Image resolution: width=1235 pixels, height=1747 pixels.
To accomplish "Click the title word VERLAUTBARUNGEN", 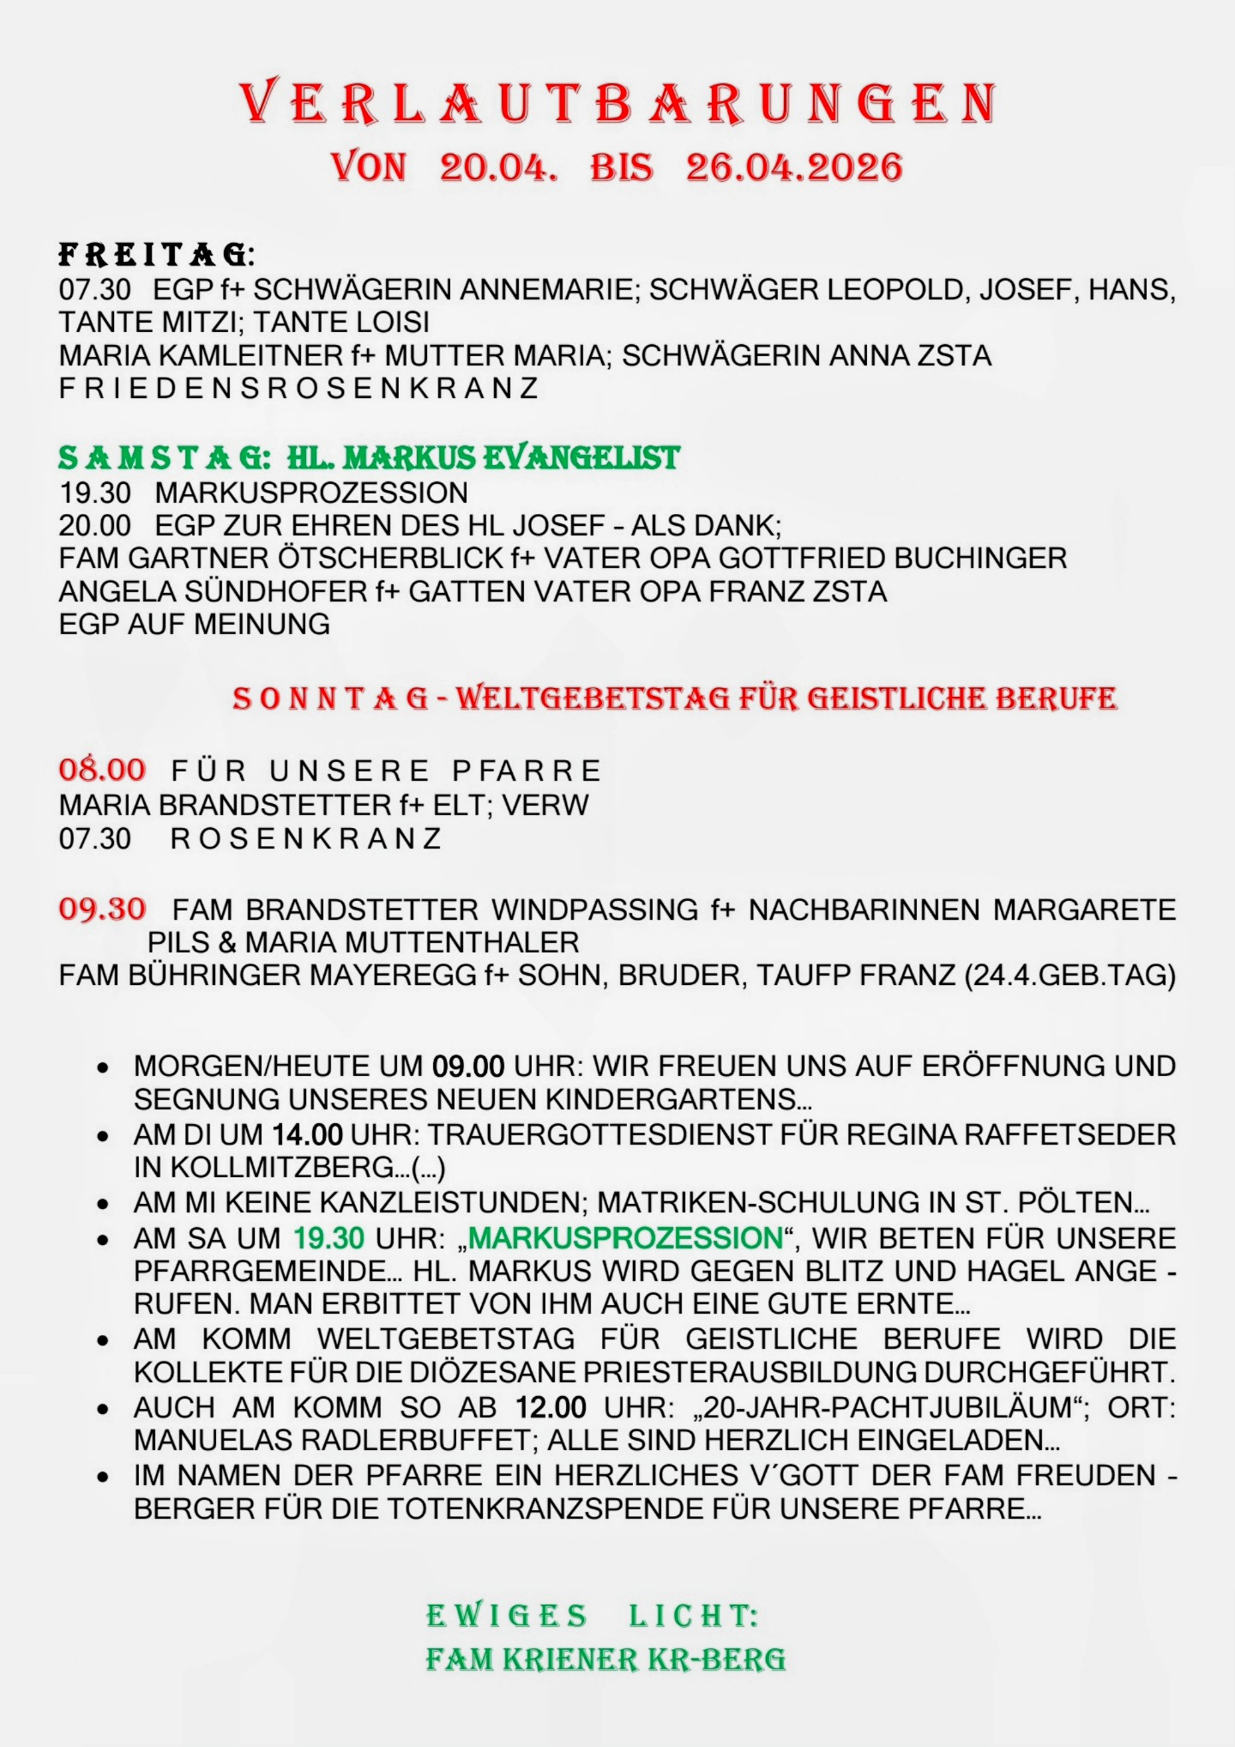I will [x=617, y=103].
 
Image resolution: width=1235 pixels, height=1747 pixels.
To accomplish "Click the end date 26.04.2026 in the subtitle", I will [x=794, y=166].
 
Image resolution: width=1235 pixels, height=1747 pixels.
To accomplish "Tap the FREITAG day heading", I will [x=155, y=255].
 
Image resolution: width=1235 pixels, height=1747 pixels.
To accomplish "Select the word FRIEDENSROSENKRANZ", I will [x=298, y=388].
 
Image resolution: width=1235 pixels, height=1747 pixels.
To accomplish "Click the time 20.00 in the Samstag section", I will [x=95, y=525].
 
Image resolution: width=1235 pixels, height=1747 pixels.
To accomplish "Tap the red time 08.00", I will [x=102, y=770].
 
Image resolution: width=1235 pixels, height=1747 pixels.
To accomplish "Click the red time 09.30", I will [x=102, y=909].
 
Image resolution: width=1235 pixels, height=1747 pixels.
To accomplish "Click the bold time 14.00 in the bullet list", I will [x=308, y=1134].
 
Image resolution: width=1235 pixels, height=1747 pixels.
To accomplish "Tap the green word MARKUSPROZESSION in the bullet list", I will [x=625, y=1238].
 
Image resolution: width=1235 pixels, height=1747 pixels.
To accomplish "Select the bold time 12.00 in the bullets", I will [x=551, y=1408].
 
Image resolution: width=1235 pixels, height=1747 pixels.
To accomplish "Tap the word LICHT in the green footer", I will [x=693, y=1616].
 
